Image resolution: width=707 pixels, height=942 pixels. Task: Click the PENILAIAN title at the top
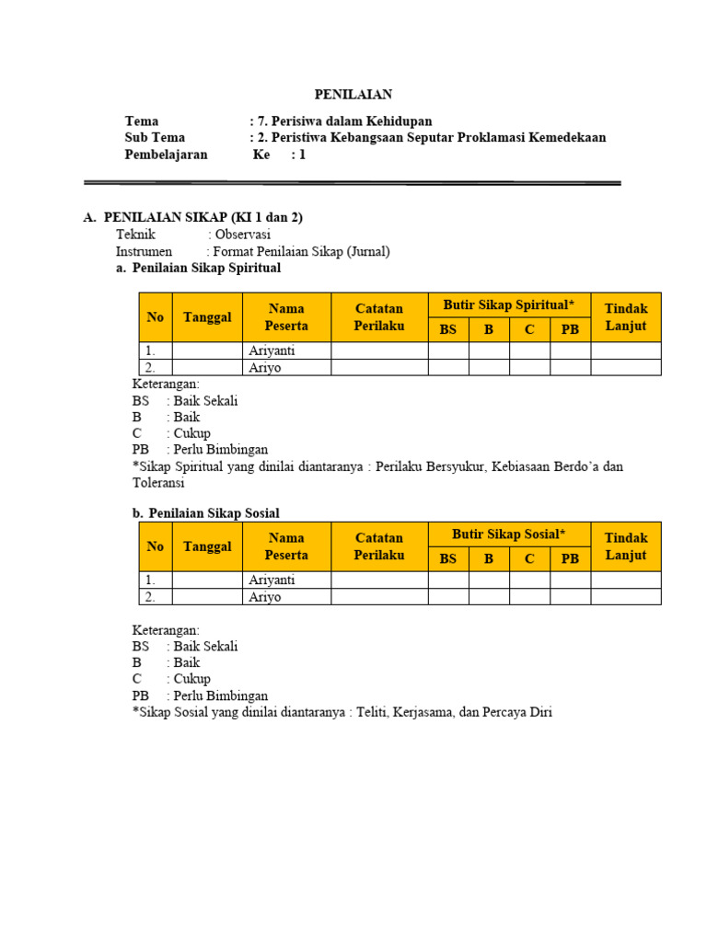click(x=353, y=94)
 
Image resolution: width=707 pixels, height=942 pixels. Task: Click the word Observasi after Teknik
click(x=249, y=235)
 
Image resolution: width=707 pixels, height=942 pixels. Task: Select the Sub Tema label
click(x=155, y=138)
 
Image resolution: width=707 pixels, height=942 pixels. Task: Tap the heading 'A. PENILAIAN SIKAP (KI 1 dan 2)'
click(x=192, y=217)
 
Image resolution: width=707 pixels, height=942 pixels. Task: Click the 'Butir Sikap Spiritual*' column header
click(x=509, y=304)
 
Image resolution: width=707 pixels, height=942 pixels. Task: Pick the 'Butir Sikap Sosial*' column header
click(x=509, y=534)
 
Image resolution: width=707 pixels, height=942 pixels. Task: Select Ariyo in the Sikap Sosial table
click(x=265, y=597)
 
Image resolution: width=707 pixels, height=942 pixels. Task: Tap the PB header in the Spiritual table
click(x=570, y=329)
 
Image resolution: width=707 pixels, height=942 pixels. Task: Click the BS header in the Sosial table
click(x=448, y=558)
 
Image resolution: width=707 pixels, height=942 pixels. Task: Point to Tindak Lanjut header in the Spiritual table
click(x=626, y=317)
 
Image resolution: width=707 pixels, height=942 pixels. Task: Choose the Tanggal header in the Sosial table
click(x=207, y=546)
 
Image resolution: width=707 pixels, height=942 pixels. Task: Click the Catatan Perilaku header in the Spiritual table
click(x=379, y=317)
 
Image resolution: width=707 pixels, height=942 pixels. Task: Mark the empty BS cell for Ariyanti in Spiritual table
click(x=448, y=350)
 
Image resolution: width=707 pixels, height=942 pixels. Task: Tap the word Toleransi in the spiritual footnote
click(x=158, y=483)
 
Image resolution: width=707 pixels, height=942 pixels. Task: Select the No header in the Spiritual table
click(x=155, y=317)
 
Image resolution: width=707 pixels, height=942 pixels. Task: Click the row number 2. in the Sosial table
click(x=150, y=597)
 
